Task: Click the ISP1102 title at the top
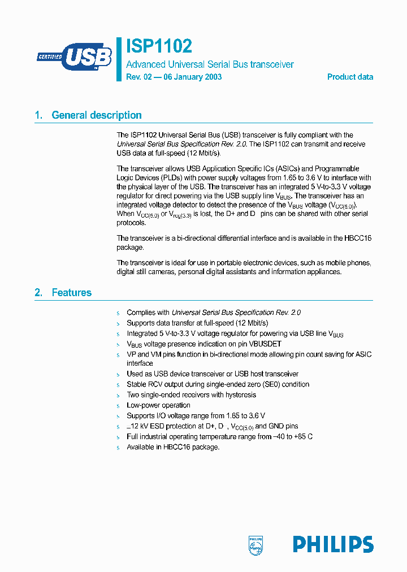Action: click(159, 46)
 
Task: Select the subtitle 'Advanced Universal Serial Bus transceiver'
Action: click(210, 64)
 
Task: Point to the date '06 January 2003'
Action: click(193, 77)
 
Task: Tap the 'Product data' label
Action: click(350, 77)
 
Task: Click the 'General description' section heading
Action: click(97, 115)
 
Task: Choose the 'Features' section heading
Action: click(71, 293)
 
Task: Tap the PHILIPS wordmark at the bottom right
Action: click(333, 544)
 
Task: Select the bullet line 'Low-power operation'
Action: click(158, 405)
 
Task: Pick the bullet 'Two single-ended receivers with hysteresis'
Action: click(191, 395)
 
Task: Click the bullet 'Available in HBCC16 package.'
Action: click(173, 447)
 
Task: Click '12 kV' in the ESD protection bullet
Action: click(138, 426)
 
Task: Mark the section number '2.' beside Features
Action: click(38, 293)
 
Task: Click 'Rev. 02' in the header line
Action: click(139, 77)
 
